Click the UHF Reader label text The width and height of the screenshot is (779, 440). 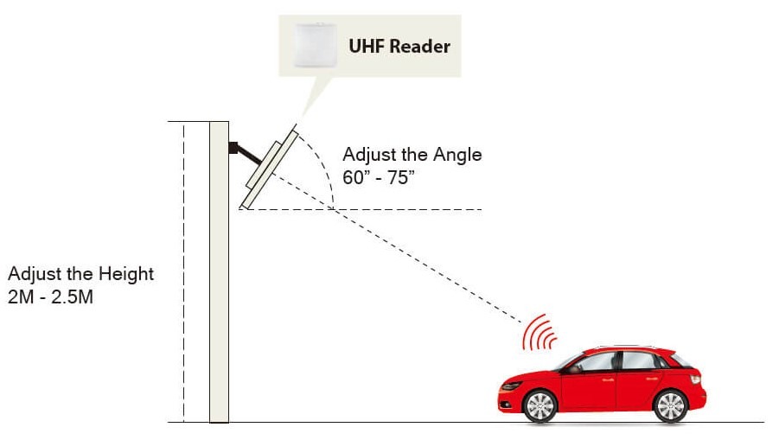coord(399,45)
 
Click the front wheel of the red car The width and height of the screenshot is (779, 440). coord(540,405)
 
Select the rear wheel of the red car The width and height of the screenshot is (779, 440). coord(668,404)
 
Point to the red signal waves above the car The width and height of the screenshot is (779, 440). coord(538,334)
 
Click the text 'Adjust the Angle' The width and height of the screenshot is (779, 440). coord(412,156)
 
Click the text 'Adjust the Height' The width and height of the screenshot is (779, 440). coord(80,274)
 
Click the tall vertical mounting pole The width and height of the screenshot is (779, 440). coord(219,277)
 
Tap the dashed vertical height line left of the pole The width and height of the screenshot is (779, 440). coord(183,277)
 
